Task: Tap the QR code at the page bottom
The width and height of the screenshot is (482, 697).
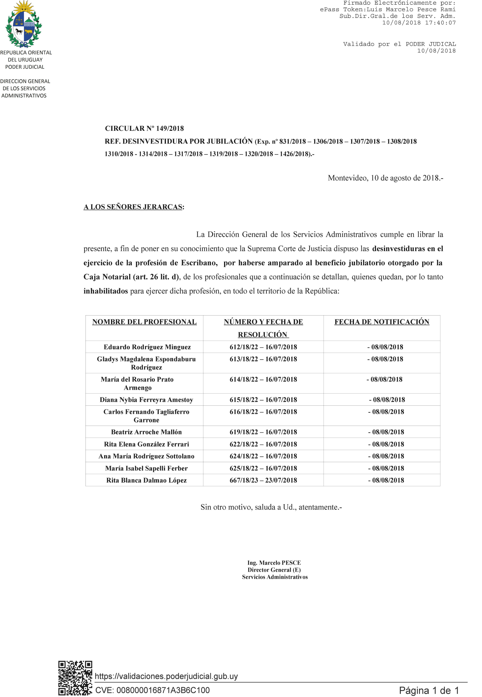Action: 75,677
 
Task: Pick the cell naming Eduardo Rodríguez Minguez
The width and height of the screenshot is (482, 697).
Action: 147,347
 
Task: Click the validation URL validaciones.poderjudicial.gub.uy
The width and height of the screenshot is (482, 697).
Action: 166,676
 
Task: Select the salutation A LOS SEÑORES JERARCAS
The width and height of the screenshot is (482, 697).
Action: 133,207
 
